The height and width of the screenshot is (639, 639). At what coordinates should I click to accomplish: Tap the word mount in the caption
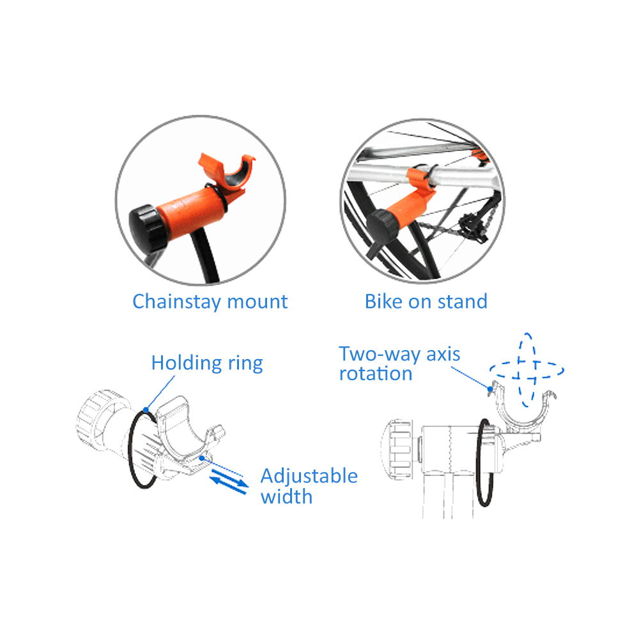coord(257,302)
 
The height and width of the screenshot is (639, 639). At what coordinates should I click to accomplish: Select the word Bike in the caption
coord(383,302)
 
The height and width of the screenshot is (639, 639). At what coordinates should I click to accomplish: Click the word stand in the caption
coord(463,302)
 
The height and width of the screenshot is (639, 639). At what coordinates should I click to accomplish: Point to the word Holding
coord(187,364)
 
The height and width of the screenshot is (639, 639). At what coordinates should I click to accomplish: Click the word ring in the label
coord(245,364)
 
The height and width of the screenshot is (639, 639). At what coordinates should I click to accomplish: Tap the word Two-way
coord(380,355)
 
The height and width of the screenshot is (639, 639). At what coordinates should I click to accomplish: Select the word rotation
coord(376,374)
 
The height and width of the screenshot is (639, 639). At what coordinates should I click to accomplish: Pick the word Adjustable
coord(309,477)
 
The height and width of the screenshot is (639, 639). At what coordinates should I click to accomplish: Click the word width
coord(286,497)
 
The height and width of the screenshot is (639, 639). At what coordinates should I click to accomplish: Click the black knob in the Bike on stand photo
coord(382,227)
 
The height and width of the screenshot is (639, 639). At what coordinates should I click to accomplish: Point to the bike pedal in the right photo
coord(472,227)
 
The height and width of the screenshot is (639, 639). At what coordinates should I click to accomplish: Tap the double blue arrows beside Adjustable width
coord(229,481)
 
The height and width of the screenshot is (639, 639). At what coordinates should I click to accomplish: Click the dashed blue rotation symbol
coord(527,370)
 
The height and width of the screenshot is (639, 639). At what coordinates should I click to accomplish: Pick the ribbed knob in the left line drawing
coord(97,416)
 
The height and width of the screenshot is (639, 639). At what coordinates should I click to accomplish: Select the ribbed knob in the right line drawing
coord(396,450)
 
